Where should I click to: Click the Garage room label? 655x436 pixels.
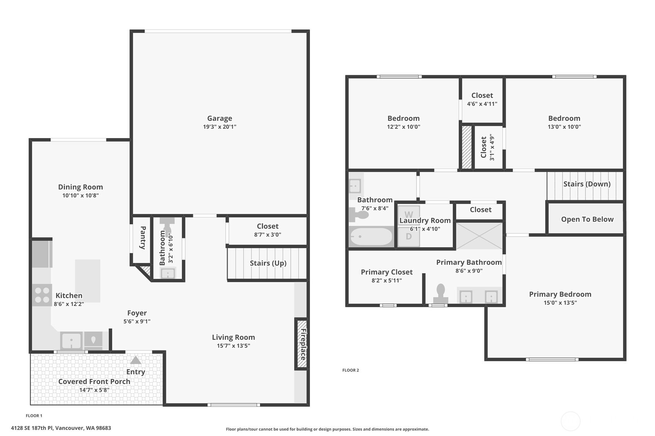(219, 118)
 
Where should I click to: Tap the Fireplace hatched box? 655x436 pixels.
(301, 344)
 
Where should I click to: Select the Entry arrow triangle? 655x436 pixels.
(135, 360)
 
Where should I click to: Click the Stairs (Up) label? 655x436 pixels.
(268, 263)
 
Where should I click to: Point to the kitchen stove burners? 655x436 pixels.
(42, 295)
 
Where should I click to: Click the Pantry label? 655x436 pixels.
(143, 237)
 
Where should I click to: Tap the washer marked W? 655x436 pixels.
(409, 214)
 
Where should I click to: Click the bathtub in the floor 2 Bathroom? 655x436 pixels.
(371, 236)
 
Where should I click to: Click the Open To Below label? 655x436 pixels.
(587, 219)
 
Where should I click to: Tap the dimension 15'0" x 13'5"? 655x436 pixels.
(560, 303)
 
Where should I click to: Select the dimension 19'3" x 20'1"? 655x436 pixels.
(219, 127)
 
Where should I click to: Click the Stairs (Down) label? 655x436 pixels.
(587, 184)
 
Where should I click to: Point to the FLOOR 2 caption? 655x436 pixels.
(350, 370)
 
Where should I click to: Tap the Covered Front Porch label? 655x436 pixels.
(94, 381)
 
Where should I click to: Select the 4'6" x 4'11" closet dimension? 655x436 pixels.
(482, 104)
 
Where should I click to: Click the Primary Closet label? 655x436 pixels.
(386, 272)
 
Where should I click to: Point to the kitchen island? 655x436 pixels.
(88, 280)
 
